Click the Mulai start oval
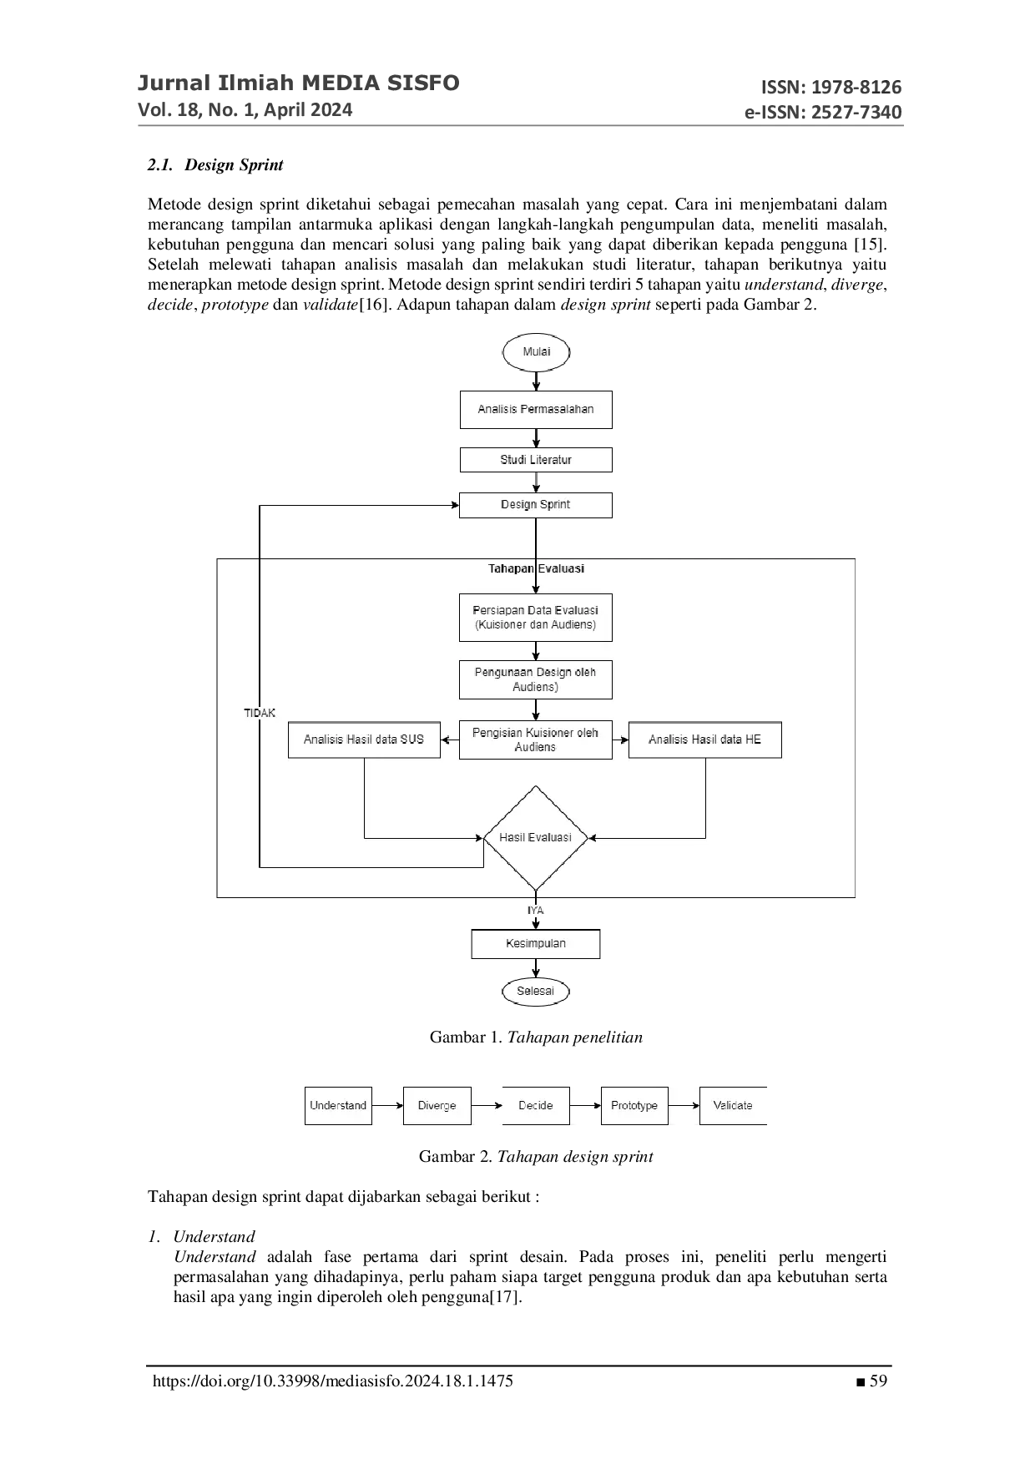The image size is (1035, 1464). point(536,351)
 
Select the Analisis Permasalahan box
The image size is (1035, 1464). point(535,409)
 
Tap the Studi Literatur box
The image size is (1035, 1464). point(535,460)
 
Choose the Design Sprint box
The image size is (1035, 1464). point(535,504)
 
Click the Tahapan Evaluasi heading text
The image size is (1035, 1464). point(536,568)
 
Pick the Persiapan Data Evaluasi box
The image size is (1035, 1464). point(535,618)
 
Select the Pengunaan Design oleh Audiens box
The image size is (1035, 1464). point(535,679)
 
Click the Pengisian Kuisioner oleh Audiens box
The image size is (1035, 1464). point(535,740)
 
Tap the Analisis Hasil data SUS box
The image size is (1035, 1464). point(364,740)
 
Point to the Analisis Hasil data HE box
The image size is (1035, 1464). point(704,740)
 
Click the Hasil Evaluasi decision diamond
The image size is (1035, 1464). point(536,837)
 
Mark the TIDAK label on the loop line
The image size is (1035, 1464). point(260,713)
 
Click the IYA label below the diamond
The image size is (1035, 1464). point(535,911)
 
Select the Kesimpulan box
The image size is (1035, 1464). point(535,943)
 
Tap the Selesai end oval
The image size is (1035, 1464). point(535,991)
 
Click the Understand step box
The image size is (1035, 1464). point(337,1105)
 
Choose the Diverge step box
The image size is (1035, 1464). point(437,1105)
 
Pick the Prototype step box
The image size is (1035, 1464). point(634,1105)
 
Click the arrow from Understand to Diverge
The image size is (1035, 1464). point(387,1105)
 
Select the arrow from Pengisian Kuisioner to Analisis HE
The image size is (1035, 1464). point(620,740)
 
